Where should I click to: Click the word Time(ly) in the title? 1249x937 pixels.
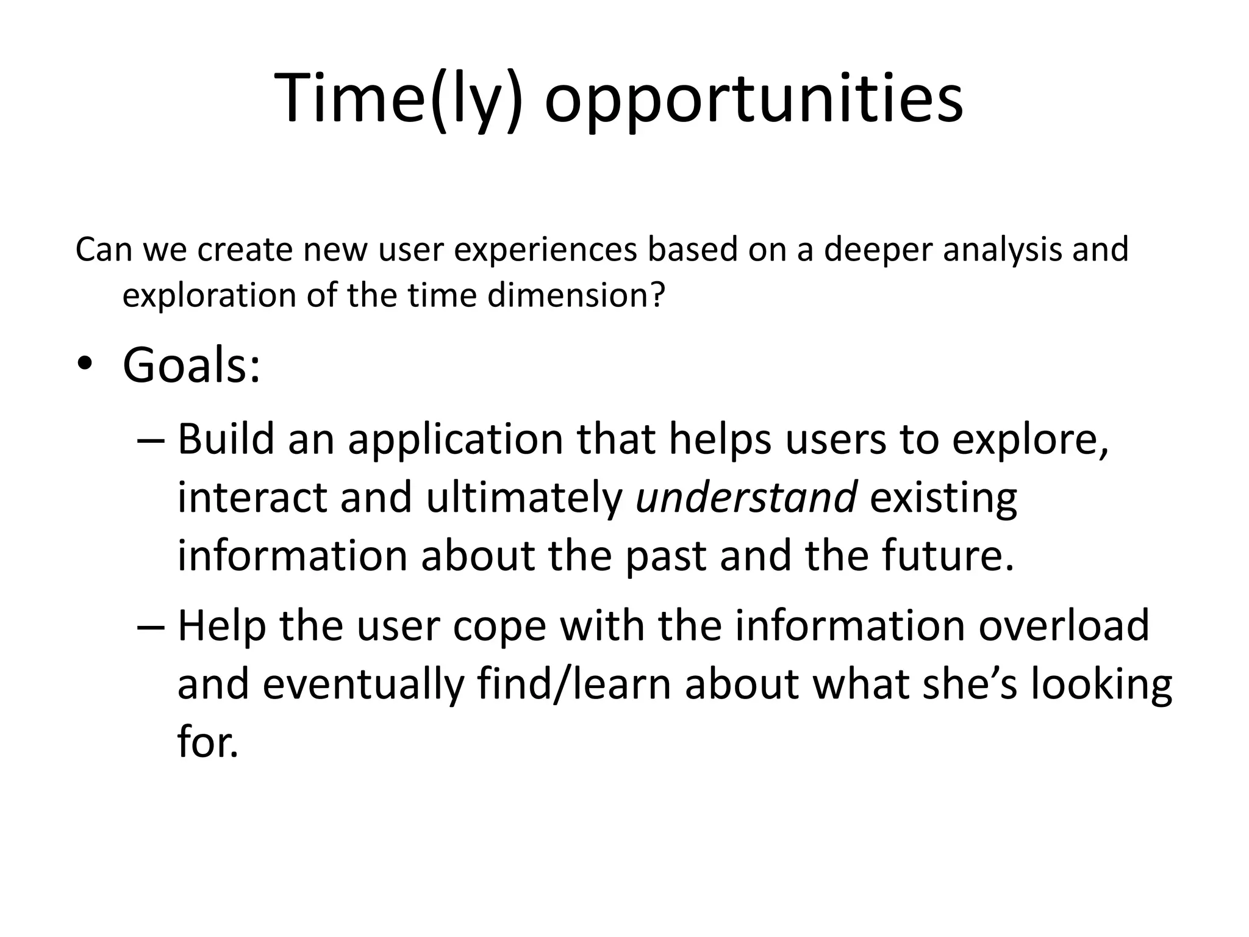(399, 99)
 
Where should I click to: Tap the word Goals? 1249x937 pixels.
(191, 365)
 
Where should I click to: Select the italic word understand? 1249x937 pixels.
(746, 497)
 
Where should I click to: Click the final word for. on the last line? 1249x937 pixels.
(207, 742)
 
